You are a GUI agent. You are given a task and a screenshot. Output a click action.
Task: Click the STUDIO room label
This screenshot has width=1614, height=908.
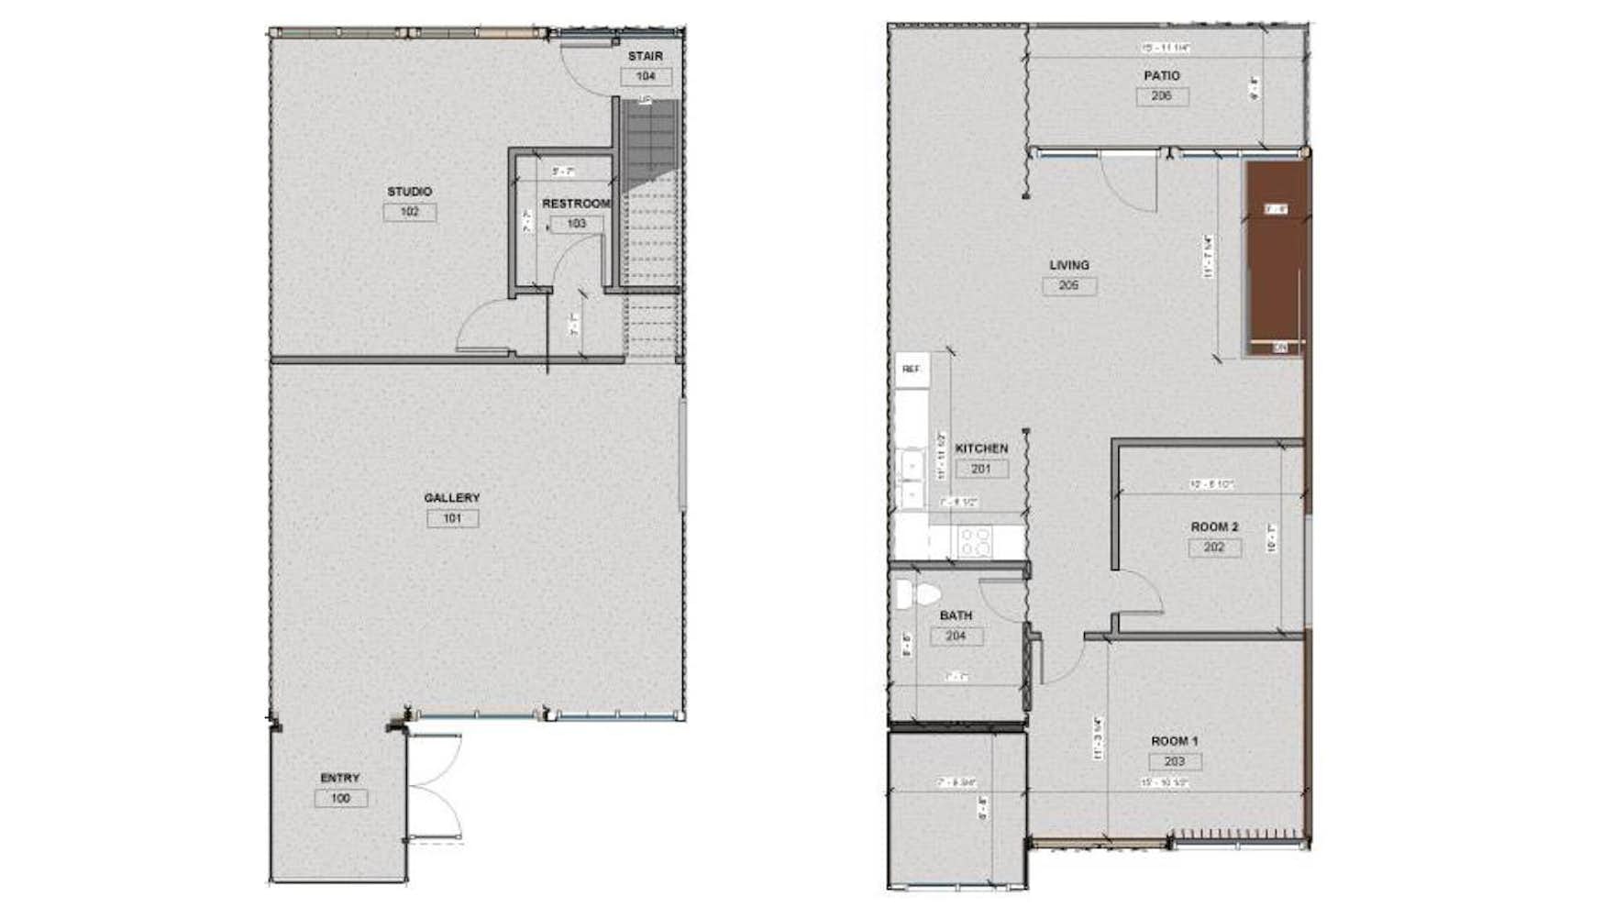tap(409, 192)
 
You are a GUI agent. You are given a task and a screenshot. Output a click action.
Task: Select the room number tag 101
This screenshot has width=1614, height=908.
tap(452, 519)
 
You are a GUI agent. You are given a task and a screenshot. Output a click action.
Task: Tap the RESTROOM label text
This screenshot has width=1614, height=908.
tap(575, 204)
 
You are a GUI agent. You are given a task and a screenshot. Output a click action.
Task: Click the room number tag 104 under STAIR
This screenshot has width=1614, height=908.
tap(646, 77)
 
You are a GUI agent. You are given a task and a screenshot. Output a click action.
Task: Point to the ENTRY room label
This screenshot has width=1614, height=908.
tap(340, 778)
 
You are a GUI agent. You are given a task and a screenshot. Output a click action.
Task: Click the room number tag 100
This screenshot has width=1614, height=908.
tap(340, 799)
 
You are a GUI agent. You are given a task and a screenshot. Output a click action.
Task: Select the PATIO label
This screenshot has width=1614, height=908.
tap(1161, 76)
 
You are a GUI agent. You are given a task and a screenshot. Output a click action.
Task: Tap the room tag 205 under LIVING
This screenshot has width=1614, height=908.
tap(1068, 286)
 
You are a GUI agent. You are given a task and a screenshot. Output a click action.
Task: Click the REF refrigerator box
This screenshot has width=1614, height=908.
tap(912, 369)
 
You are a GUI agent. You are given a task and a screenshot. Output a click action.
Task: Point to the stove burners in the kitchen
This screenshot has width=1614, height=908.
tap(976, 541)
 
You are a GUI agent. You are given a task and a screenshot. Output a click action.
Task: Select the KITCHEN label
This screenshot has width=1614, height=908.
tap(981, 448)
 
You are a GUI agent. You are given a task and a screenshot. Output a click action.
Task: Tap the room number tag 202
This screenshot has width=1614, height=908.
tap(1214, 548)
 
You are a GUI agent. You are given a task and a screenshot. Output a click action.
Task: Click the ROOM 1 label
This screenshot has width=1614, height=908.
tap(1174, 741)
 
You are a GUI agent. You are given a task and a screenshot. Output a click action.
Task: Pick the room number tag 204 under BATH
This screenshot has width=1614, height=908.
tap(956, 637)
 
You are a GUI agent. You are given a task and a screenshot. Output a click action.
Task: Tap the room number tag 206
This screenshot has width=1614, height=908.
tap(1161, 96)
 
